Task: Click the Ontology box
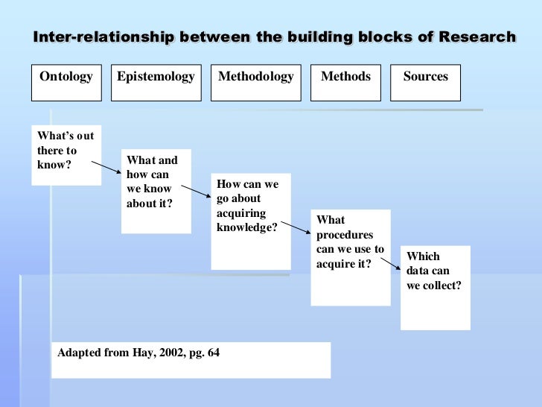(66, 83)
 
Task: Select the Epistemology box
(156, 83)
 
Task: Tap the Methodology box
(256, 83)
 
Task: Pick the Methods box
(345, 83)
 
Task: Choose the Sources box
(426, 83)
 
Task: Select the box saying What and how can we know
(156, 191)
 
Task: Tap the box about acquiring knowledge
(251, 221)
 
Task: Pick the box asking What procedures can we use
(350, 257)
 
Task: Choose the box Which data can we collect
(435, 287)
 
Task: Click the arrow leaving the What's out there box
(105, 167)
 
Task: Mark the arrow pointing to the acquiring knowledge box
(197, 192)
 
